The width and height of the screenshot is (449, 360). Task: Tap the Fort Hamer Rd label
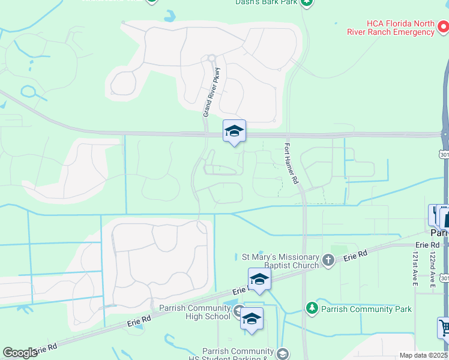click(x=291, y=163)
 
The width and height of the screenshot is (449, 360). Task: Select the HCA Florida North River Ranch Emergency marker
click(x=444, y=27)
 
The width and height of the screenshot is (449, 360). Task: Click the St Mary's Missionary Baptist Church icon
click(x=328, y=260)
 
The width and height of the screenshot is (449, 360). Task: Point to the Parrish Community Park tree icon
click(x=312, y=308)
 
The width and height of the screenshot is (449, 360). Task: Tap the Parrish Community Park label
click(x=366, y=309)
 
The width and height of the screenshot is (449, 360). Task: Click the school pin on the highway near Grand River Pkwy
click(x=234, y=131)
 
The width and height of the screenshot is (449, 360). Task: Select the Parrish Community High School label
click(x=195, y=313)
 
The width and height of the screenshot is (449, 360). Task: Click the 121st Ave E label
click(x=415, y=268)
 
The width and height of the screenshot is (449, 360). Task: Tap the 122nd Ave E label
click(x=432, y=268)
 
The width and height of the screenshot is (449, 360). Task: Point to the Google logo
click(x=20, y=353)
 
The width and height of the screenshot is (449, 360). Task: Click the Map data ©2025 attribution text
click(x=423, y=355)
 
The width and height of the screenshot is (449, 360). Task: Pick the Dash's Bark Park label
click(x=267, y=2)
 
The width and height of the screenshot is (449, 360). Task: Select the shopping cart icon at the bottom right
click(x=445, y=328)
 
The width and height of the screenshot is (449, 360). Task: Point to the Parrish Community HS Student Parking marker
click(x=283, y=354)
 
